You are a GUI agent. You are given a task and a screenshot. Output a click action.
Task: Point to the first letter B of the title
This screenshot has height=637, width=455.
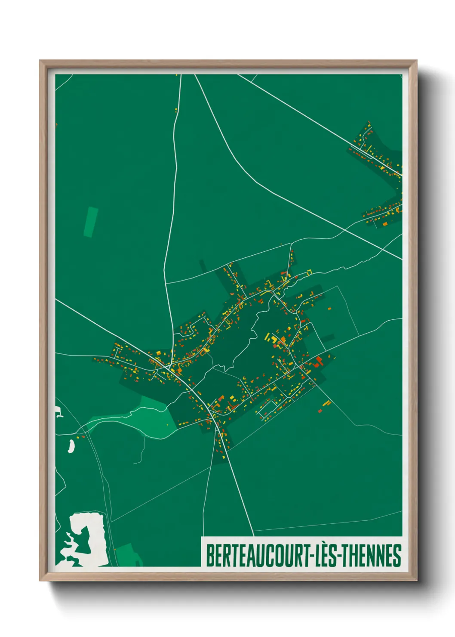coord(210,556)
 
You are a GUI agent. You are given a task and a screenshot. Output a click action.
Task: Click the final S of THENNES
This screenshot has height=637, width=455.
coord(397,556)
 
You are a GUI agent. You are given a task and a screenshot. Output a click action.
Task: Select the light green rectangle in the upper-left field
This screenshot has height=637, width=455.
coord(91,222)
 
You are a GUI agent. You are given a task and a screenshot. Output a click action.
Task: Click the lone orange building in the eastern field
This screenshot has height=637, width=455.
coord(329,308)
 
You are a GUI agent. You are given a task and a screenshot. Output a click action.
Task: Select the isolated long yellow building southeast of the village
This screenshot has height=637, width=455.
coord(326,403)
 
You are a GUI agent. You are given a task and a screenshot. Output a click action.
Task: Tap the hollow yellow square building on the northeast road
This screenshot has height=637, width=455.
coord(309,272)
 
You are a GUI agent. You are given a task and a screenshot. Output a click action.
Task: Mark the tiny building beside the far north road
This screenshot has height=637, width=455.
coord(176,110)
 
